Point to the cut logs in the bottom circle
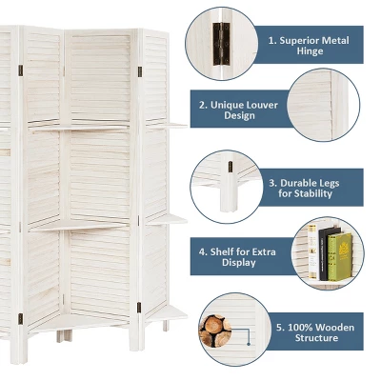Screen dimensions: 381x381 point(215,330)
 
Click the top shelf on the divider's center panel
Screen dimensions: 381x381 point(80,127)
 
